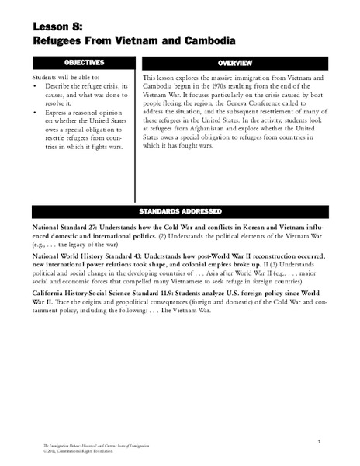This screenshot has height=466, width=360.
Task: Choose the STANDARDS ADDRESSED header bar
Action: tap(179, 210)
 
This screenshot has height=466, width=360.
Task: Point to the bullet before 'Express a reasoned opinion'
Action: tap(37, 114)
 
